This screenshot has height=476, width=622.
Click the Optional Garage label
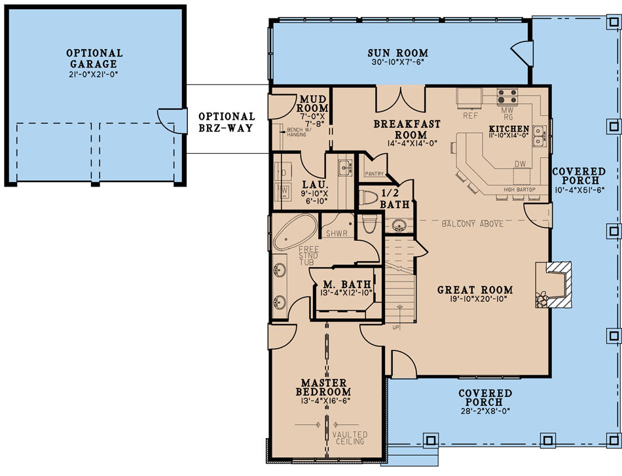[x=94, y=58]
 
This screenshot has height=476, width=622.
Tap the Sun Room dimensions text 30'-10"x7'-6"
[x=397, y=64]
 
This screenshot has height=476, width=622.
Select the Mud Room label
[x=313, y=103]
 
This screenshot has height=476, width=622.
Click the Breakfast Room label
[x=407, y=129]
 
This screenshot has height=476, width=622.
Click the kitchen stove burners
[x=507, y=96]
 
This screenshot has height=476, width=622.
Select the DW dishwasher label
[x=521, y=164]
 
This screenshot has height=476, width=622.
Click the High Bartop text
[x=520, y=190]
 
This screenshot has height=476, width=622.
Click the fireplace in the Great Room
[x=553, y=284]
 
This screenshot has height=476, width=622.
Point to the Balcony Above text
[x=472, y=224]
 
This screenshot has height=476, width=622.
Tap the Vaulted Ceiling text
[x=350, y=437]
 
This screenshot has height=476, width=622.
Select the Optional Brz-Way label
[x=227, y=122]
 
